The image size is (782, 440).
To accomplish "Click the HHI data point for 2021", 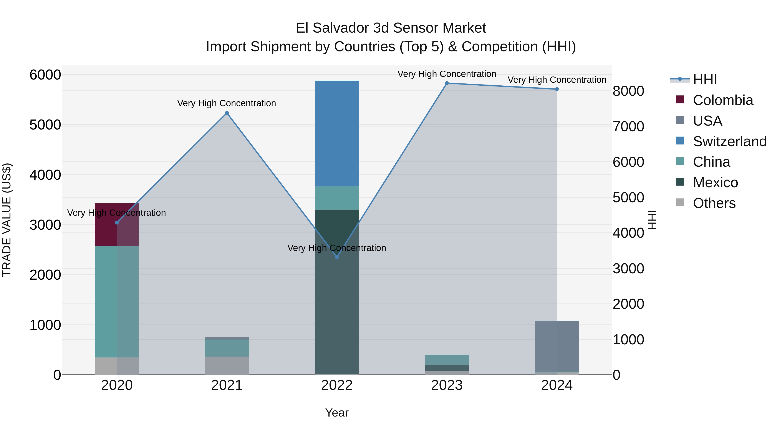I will click(227, 113).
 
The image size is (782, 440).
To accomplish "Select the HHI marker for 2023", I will click(447, 83).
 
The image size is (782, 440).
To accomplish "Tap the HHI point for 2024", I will click(557, 89).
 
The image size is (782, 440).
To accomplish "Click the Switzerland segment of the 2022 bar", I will click(337, 134).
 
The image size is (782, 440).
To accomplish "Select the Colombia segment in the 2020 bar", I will click(117, 225).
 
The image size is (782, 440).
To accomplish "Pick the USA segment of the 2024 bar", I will click(557, 346).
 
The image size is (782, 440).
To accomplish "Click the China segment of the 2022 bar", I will click(337, 198).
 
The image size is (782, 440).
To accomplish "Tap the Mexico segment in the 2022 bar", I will click(337, 292).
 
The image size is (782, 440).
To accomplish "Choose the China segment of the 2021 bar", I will click(227, 348).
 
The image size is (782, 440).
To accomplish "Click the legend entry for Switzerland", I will click(729, 141).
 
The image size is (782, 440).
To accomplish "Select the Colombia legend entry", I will click(722, 100).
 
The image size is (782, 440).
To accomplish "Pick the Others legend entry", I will click(714, 203).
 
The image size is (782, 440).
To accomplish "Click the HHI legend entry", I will click(705, 80).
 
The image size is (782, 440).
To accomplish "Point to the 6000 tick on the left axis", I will click(45, 75).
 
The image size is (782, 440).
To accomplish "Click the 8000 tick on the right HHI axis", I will click(628, 91).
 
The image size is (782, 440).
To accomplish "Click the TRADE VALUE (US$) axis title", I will click(7, 220).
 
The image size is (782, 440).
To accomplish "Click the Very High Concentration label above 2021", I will click(227, 103).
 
